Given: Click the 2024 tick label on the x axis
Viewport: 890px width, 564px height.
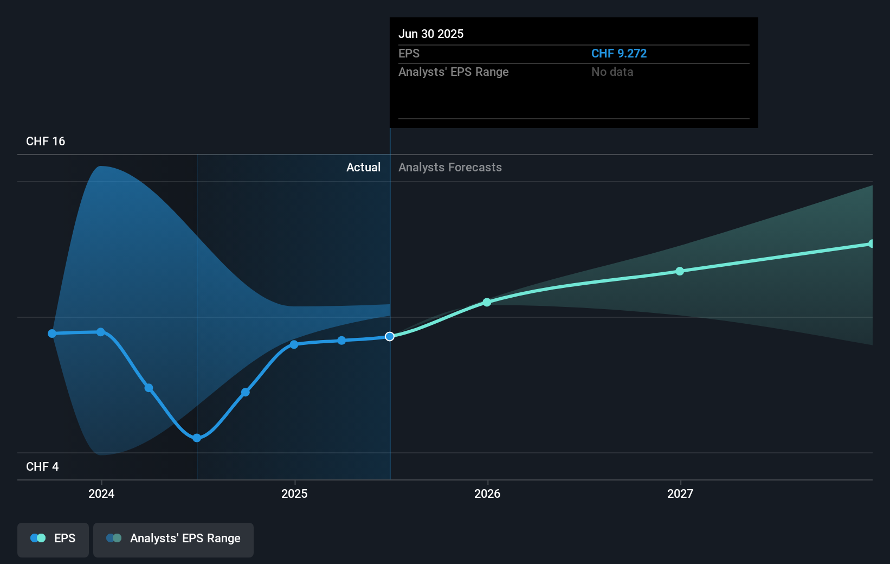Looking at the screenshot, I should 101,493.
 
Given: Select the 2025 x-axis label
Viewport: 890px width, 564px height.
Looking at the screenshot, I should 294,493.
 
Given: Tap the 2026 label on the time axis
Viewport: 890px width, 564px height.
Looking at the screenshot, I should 487,493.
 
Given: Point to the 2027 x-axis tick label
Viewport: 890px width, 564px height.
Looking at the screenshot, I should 680,493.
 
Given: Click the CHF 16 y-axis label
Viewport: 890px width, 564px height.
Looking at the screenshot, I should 46,142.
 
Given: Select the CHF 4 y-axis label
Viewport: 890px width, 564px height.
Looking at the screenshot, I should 42,467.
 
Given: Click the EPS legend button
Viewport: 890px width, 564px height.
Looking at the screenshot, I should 53,539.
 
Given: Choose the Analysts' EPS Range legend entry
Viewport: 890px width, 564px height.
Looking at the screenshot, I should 173,539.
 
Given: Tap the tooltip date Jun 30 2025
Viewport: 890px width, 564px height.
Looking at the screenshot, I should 431,34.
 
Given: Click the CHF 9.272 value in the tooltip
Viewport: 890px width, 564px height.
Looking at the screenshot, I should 619,54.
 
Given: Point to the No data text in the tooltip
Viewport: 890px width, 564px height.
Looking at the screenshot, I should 612,72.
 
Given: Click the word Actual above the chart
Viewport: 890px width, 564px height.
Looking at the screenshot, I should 363,168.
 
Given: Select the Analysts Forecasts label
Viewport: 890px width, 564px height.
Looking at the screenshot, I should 450,168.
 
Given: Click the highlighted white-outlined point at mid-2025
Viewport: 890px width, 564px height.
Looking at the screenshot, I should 390,337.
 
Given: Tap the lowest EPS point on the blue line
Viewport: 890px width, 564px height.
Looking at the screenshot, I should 197,438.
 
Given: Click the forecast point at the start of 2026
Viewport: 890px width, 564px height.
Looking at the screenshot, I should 487,302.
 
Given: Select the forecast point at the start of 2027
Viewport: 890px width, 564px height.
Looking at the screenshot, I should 680,271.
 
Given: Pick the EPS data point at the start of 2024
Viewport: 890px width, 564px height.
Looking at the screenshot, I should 101,332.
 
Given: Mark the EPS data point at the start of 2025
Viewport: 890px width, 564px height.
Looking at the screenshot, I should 294,344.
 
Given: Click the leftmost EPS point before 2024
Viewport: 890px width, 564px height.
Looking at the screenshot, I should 52,334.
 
